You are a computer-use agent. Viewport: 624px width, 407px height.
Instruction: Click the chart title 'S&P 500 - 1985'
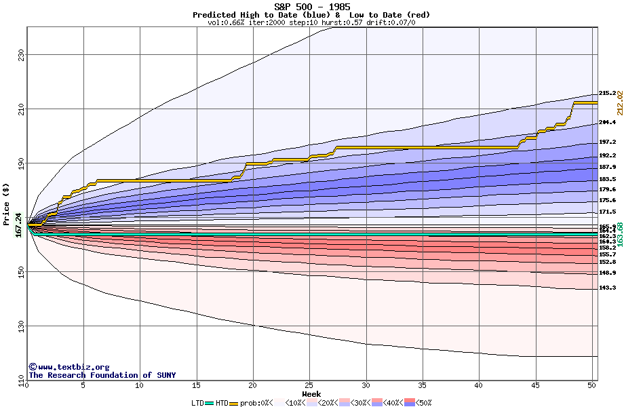(x=312, y=7)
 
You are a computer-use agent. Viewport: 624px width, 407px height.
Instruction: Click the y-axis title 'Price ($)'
(x=7, y=203)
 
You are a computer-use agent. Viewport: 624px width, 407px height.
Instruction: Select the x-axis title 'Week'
(x=311, y=393)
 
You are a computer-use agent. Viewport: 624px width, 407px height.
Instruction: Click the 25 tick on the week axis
(x=309, y=385)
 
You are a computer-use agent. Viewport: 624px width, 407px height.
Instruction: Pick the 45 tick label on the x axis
(x=535, y=385)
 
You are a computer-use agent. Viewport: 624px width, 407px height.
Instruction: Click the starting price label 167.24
(x=18, y=227)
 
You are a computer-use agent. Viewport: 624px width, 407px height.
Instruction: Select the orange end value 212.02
(x=619, y=102)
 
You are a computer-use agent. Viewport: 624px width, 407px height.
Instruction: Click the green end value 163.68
(x=619, y=234)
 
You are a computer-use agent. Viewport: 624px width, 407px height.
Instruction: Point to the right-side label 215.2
(x=607, y=94)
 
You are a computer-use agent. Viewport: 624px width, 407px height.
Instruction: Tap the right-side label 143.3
(x=607, y=288)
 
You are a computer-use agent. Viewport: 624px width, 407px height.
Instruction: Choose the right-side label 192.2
(x=607, y=155)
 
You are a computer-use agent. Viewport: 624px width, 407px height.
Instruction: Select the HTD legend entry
(x=222, y=403)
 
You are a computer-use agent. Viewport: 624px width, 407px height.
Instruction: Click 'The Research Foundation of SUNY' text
(x=102, y=375)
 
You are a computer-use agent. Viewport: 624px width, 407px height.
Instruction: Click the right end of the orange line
(x=596, y=102)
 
